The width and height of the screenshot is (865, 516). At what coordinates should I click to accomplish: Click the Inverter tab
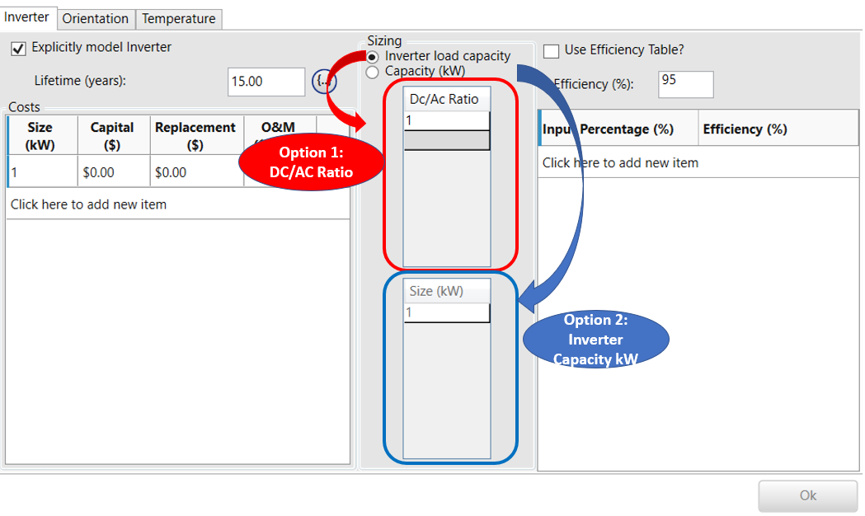pos(28,16)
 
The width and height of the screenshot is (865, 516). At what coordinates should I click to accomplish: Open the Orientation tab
pos(96,18)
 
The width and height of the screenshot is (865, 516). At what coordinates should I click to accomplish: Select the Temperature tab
pos(178,18)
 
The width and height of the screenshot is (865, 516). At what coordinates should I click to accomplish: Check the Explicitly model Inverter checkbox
pos(18,49)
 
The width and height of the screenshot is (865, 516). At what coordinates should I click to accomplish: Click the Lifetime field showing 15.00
pos(266,82)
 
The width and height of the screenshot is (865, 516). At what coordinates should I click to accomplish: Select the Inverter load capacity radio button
pos(373,57)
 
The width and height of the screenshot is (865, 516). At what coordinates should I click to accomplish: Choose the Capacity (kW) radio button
pos(373,73)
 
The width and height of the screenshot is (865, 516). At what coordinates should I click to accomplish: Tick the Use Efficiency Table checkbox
pos(551,51)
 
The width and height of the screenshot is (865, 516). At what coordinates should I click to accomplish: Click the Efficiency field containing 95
pos(685,83)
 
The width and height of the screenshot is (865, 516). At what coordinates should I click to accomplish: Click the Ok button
pos(807,495)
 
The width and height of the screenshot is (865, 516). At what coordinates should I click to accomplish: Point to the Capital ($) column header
pos(112,136)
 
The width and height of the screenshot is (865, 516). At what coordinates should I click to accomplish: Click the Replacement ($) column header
pos(195,136)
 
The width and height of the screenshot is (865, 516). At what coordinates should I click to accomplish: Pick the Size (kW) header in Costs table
pos(40,136)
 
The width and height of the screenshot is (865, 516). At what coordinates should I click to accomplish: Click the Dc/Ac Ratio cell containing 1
pos(446,121)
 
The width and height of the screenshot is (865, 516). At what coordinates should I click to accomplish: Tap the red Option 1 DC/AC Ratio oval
pos(311,162)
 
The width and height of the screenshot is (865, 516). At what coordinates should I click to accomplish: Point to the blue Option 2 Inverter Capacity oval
pos(595,339)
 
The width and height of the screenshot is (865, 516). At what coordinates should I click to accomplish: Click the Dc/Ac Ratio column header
pos(444,99)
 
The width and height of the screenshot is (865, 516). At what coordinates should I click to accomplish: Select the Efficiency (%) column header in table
pos(745,129)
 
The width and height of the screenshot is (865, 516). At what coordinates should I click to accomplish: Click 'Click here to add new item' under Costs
pos(88,204)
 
